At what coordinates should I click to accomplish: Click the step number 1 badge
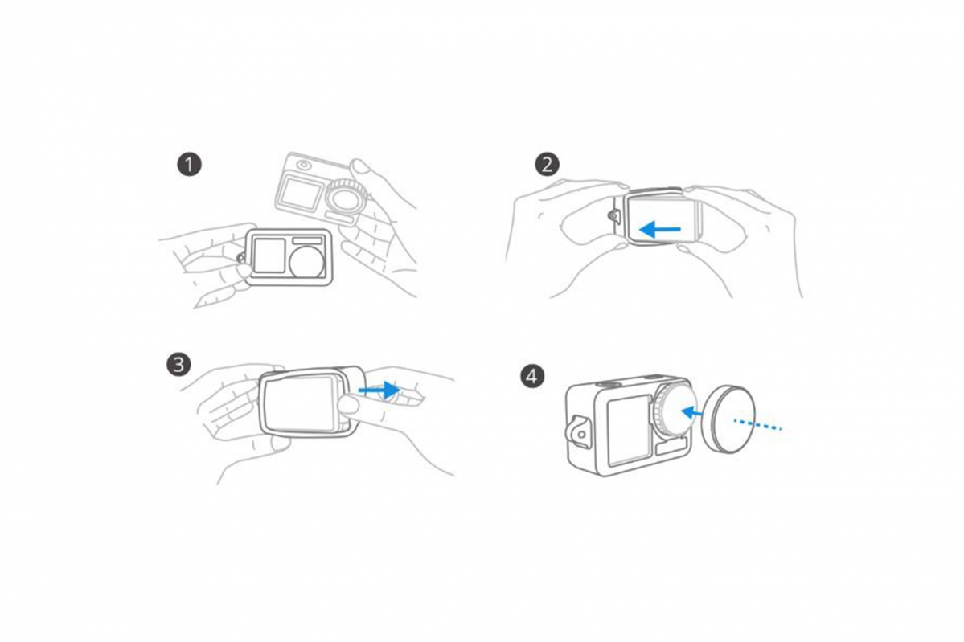point(190,164)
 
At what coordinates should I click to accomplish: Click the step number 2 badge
point(548,164)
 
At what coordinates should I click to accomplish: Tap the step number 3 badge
point(178,365)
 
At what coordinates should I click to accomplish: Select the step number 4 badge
point(532,376)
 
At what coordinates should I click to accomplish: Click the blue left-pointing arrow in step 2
point(659,230)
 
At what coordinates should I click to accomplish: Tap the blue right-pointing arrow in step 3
point(379,390)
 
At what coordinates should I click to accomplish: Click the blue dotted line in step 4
point(757,424)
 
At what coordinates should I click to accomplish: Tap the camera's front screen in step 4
point(628,430)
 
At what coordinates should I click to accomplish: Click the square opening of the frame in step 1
point(270,256)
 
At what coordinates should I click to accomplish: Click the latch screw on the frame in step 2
point(613,215)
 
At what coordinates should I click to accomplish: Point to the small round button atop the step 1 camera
point(305,165)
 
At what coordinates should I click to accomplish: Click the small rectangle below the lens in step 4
point(671,448)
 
